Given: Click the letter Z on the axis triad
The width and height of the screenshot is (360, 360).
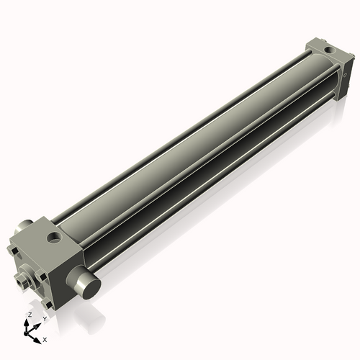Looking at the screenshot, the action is (30, 315).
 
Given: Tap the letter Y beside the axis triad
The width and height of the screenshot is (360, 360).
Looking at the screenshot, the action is (45, 319).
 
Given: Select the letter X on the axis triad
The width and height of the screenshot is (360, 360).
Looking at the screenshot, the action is (45, 340).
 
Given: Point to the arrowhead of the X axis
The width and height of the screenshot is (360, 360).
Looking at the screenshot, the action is (37, 341).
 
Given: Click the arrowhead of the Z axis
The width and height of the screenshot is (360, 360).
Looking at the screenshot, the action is (26, 323).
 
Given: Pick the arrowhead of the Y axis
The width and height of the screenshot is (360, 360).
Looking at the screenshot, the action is (37, 326).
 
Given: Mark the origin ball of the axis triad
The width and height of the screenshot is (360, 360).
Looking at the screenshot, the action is (25, 333).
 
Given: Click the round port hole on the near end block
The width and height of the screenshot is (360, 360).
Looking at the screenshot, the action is (55, 238).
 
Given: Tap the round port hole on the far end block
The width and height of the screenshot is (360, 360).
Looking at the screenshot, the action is (328, 50).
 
